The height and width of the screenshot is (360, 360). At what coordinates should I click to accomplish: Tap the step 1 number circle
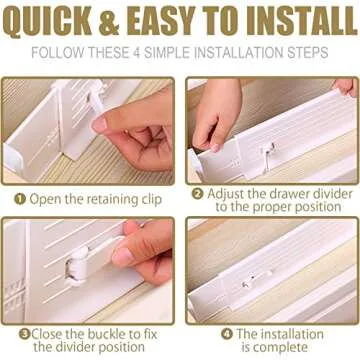19,199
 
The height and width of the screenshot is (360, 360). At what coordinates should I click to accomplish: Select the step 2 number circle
198,194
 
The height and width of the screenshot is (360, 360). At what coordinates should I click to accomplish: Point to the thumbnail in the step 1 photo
100,124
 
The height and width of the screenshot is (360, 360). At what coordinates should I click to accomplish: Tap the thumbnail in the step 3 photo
122,256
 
